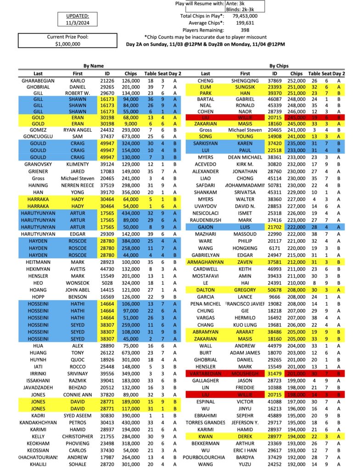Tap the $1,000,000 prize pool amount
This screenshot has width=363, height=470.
pyautogui.click(x=67, y=44)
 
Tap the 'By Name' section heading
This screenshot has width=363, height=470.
pyautogui.click(x=94, y=66)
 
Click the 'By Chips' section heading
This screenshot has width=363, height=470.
pyautogui.click(x=279, y=66)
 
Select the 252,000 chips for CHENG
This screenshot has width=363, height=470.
pyautogui.click(x=296, y=80)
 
